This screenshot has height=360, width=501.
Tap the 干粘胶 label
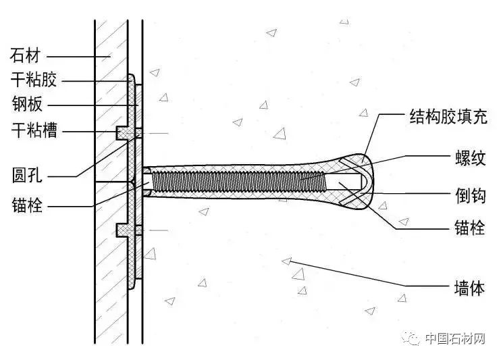tap(34, 80)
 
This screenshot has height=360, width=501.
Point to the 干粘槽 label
tap(34, 130)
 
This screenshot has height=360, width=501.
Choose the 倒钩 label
tap(470, 192)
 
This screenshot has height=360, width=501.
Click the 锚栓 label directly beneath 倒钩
tap(470, 229)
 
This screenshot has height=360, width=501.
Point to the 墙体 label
tap(470, 289)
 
